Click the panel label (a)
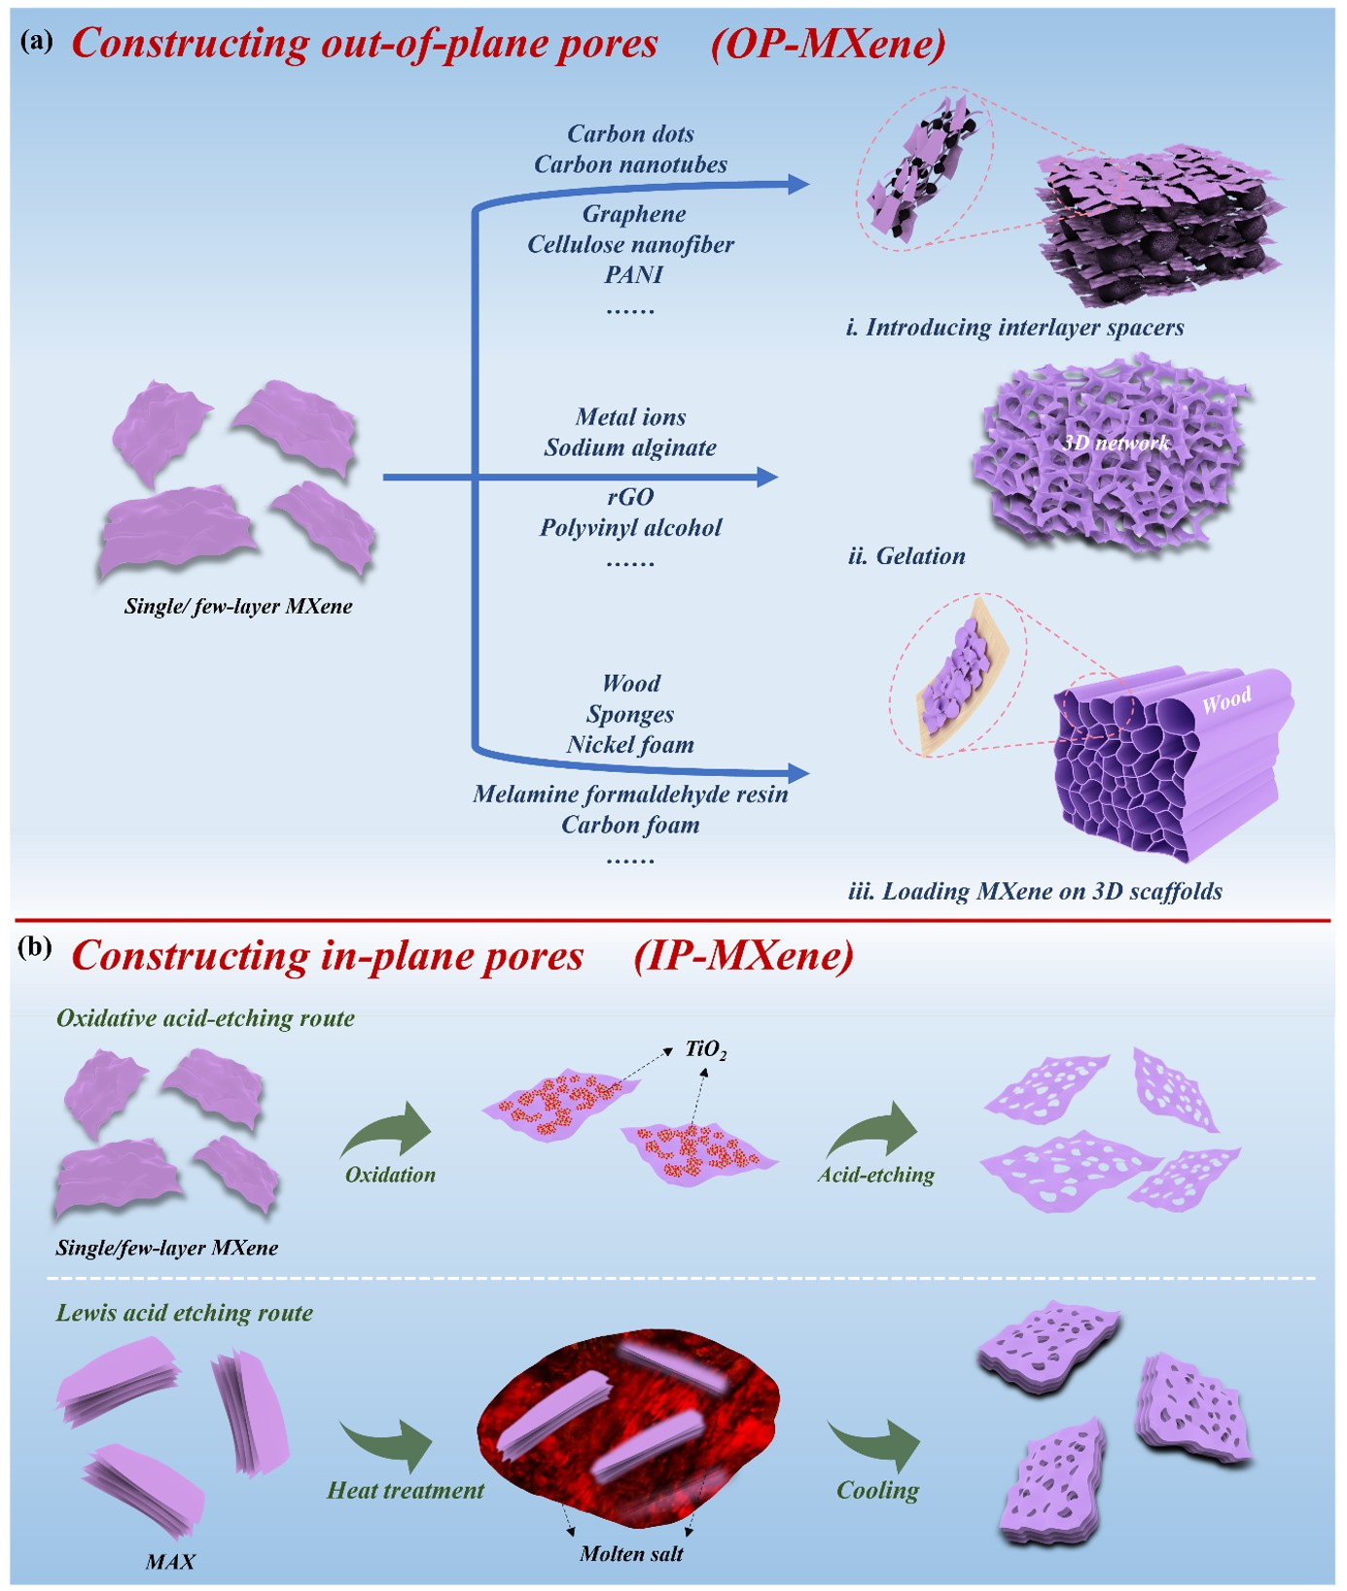tap(37, 42)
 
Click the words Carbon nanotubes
tap(630, 164)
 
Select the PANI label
tap(633, 275)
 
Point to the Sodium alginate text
tap(630, 447)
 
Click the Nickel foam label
tap(630, 745)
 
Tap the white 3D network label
tap(1116, 443)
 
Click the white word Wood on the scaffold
tap(1226, 700)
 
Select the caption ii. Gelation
tap(906, 556)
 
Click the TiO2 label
tap(706, 1049)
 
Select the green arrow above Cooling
tap(874, 1446)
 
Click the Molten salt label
tap(631, 1554)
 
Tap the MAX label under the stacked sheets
tap(170, 1562)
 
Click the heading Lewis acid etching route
tap(185, 1313)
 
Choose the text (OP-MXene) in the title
tap(828, 44)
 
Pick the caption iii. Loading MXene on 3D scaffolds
tap(1035, 892)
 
